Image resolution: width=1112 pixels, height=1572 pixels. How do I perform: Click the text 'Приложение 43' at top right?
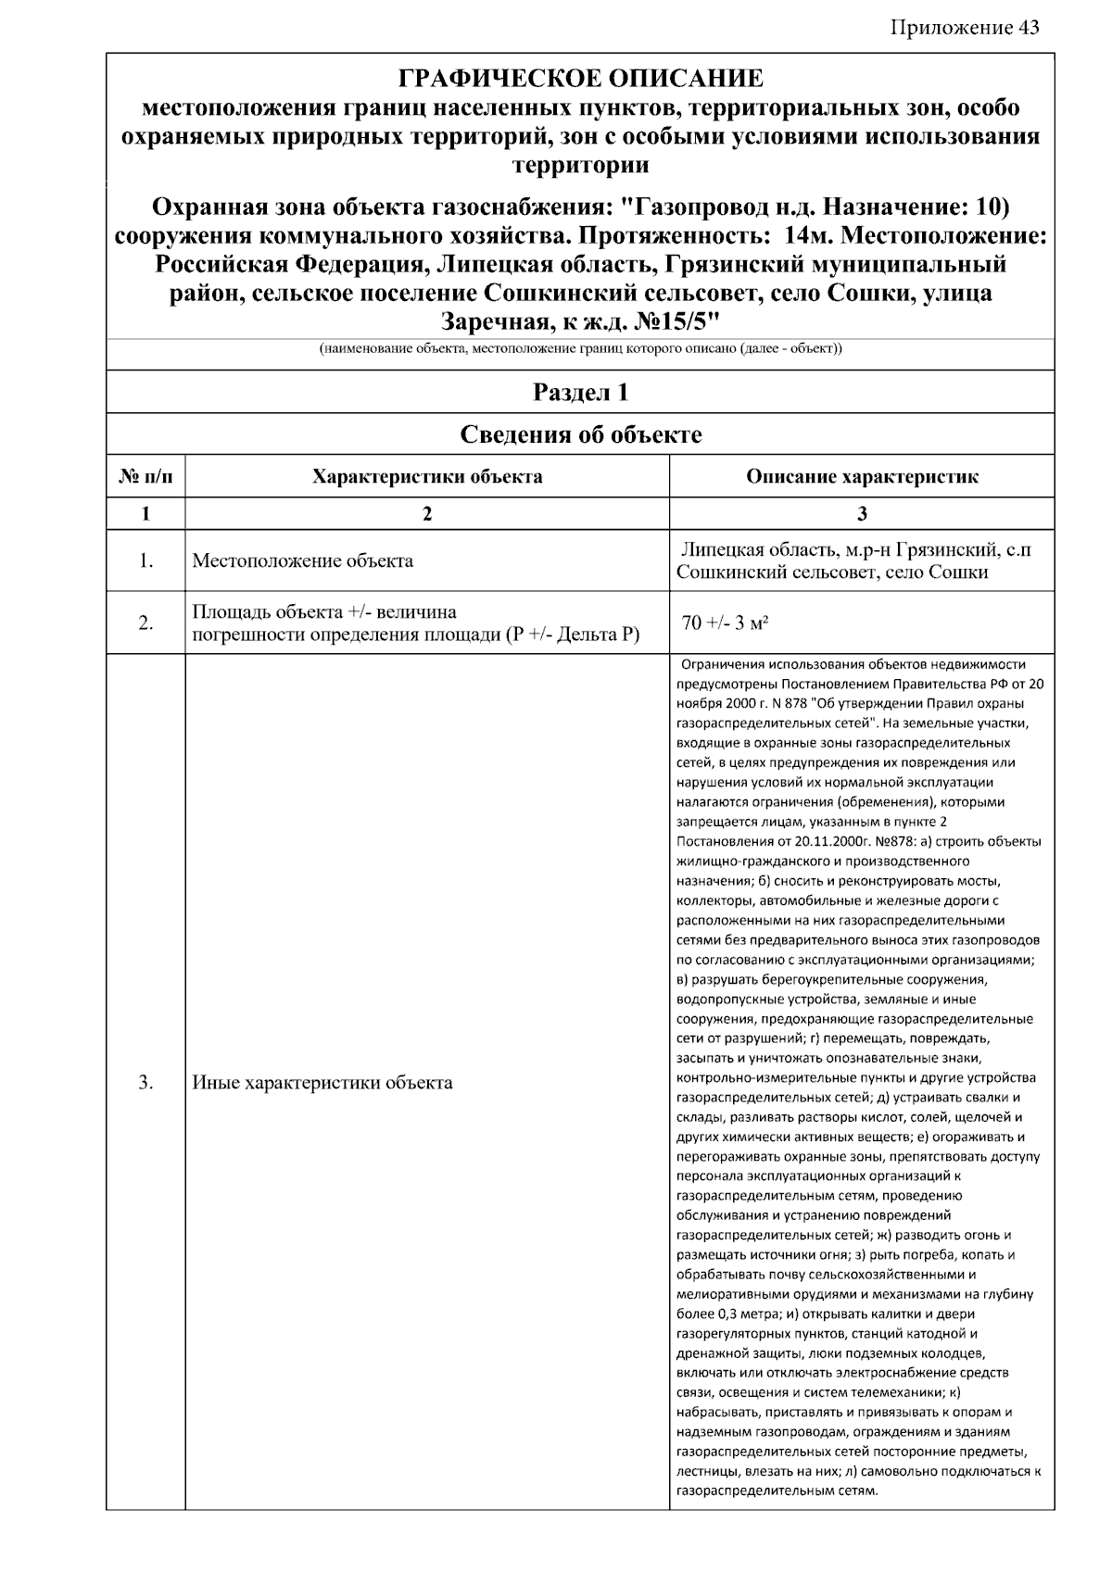(965, 27)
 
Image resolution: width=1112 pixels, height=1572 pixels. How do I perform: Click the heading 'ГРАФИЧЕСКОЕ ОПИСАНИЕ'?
(580, 78)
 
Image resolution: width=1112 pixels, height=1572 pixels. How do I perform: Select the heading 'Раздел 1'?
(580, 393)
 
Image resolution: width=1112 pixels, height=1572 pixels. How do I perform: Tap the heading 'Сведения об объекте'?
(580, 434)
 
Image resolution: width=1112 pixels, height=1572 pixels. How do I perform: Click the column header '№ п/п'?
(145, 477)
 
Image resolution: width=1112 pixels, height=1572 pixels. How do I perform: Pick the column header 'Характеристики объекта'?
(427, 477)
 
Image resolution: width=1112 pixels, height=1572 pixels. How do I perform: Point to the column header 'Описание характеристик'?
(862, 477)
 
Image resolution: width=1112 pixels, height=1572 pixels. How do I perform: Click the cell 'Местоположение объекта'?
(303, 561)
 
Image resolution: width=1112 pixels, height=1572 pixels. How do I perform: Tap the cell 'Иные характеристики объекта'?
(322, 1082)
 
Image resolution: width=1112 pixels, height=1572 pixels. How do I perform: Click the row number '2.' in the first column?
(145, 623)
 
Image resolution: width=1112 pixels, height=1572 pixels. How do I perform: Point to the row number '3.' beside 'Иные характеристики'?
(145, 1082)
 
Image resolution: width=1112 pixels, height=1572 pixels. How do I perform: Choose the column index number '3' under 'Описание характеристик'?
(862, 514)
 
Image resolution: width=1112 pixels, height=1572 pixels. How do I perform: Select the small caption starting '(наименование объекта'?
(580, 349)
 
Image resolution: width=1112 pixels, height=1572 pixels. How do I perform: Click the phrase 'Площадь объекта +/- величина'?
(324, 612)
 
